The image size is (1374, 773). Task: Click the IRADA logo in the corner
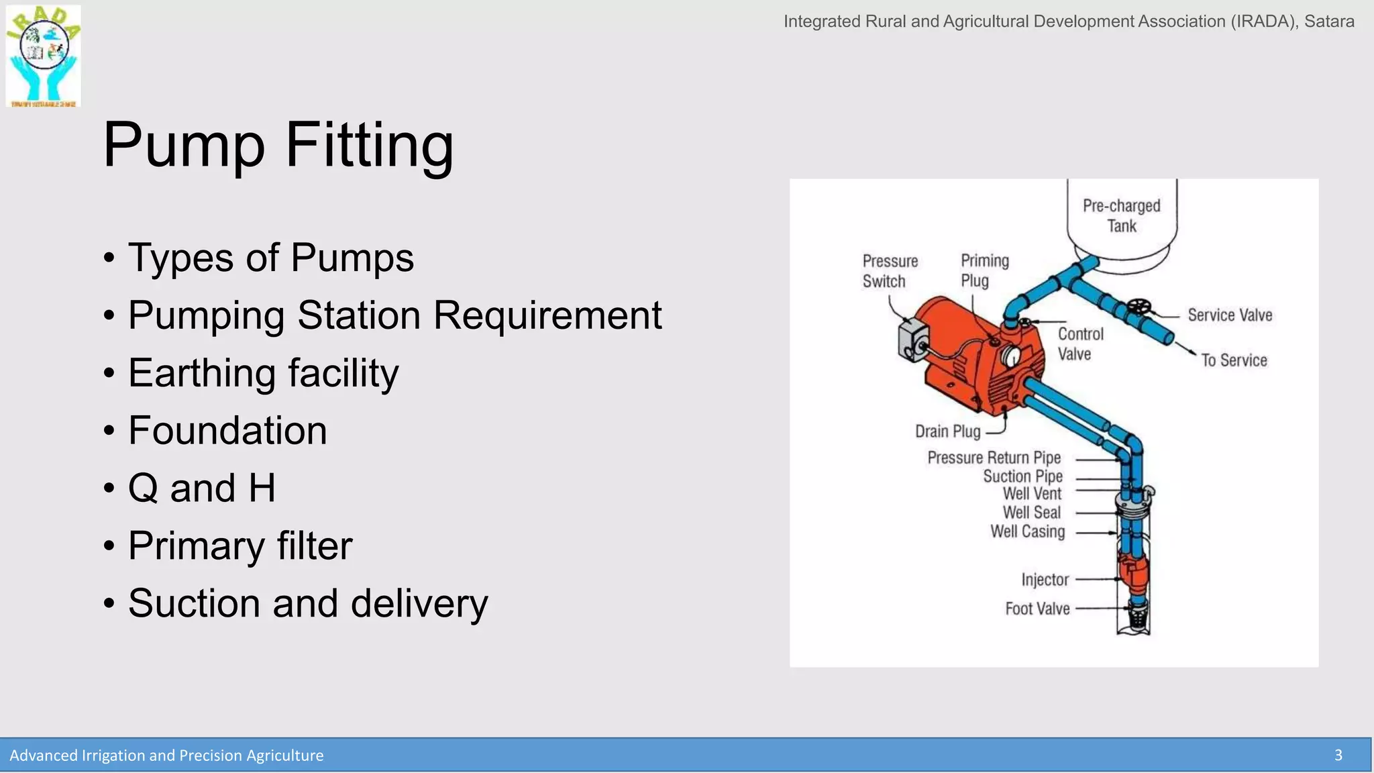tap(44, 56)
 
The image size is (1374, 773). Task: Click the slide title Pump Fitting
tap(278, 145)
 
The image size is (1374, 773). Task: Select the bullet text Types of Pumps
tap(270, 258)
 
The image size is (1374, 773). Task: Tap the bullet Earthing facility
tap(263, 373)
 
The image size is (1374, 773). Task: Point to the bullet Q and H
tap(201, 488)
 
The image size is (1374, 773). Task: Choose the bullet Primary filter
tap(240, 546)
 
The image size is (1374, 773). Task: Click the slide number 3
tap(1338, 756)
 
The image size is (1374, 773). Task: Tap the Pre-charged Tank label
tap(1121, 215)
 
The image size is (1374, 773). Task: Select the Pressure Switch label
tap(890, 271)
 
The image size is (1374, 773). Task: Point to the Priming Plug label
tap(984, 270)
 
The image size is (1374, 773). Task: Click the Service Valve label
tap(1229, 315)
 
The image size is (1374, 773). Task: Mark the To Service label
tap(1233, 360)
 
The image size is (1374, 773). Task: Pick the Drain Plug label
tap(947, 431)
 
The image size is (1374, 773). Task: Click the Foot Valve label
tap(1037, 609)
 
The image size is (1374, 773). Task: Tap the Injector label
tap(1045, 580)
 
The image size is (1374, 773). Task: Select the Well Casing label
tap(1027, 531)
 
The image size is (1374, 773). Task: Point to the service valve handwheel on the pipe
tap(1138, 307)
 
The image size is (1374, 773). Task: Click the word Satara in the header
tap(1328, 21)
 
